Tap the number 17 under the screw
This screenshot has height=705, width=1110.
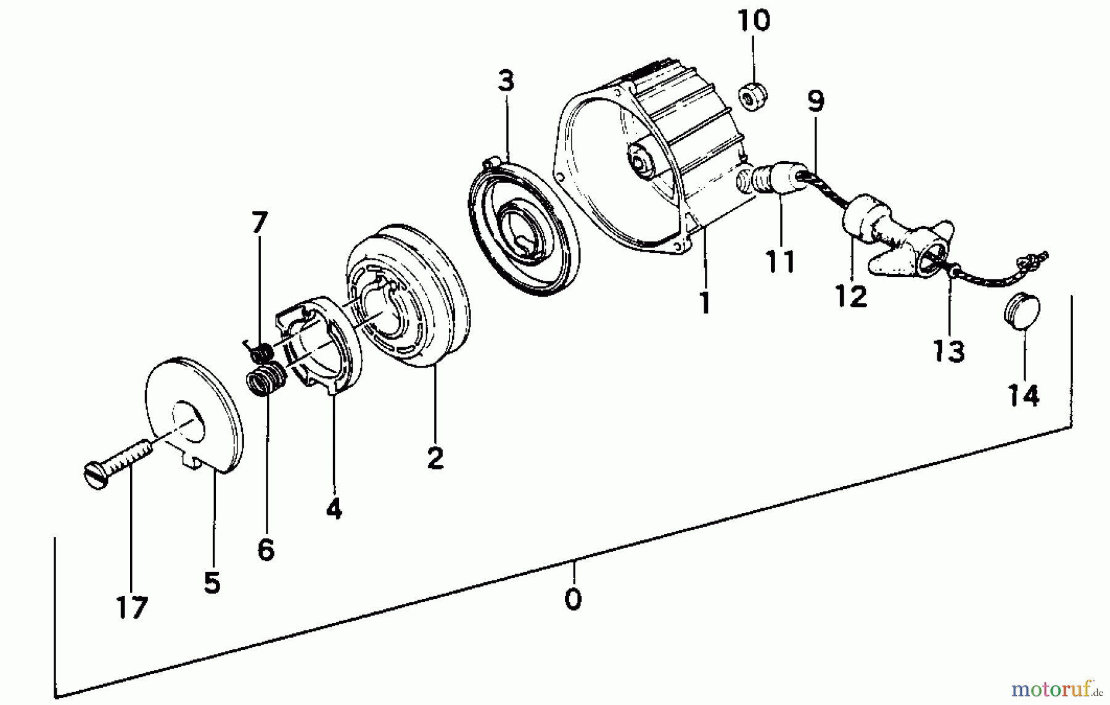click(132, 607)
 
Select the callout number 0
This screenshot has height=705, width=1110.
click(573, 599)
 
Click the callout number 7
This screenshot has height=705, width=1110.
click(260, 223)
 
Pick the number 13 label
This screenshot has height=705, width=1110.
click(948, 352)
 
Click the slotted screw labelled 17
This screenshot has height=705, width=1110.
click(117, 466)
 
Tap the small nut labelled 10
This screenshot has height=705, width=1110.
click(753, 96)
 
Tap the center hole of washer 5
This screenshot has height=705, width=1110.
click(189, 423)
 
